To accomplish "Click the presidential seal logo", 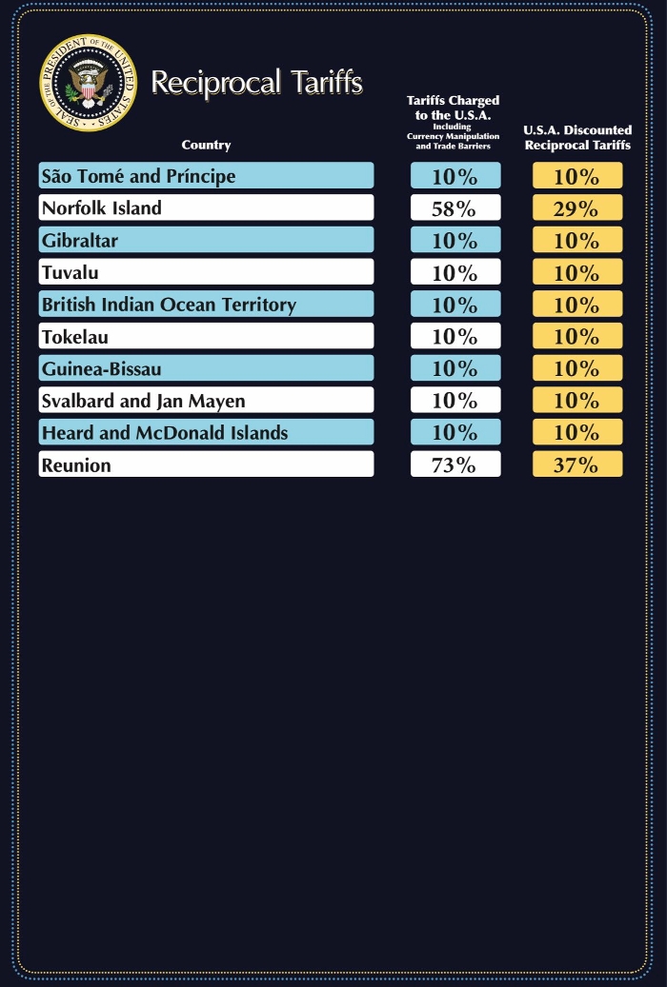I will (88, 83).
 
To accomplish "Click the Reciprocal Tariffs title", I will (256, 83).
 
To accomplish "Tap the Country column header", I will (206, 146).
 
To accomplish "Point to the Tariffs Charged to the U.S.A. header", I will (453, 123).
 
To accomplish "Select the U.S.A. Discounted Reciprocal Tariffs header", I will (577, 138).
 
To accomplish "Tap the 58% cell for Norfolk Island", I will (455, 208).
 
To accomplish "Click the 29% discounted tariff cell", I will (576, 208).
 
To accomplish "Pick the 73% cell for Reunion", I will (455, 464).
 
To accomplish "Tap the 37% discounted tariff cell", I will (576, 464).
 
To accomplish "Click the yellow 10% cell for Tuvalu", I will (576, 272).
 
